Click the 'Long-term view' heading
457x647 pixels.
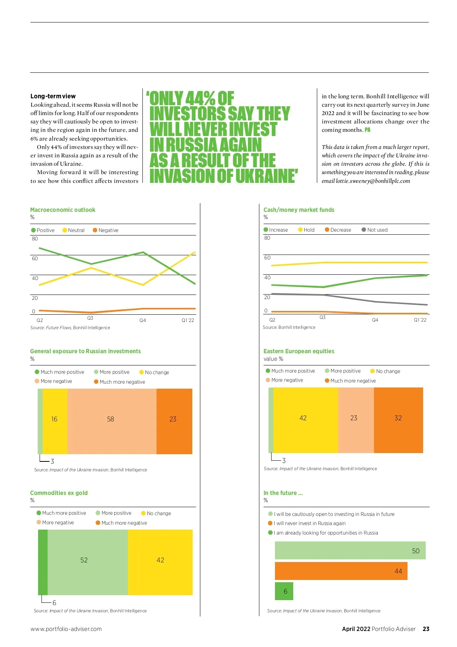53,96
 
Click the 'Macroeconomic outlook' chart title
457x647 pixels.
62,210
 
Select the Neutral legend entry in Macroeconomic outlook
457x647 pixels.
74,230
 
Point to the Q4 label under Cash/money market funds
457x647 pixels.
375,320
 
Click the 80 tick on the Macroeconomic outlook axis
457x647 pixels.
35,239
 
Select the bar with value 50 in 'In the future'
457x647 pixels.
350,551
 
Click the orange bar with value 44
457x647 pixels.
341,571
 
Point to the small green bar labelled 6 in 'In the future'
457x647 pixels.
284,591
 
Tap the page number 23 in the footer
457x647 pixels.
426,629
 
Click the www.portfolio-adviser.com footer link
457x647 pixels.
66,629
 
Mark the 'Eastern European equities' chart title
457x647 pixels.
299,351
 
